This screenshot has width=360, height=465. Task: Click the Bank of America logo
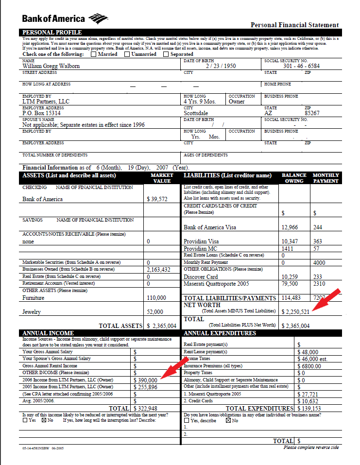pyautogui.click(x=64, y=19)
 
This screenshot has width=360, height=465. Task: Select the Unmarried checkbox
pyautogui.click(x=127, y=54)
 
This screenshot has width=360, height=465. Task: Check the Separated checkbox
pyautogui.click(x=166, y=54)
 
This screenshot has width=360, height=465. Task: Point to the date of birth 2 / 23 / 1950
pyautogui.click(x=221, y=66)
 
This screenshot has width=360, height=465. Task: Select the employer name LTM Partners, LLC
pyautogui.click(x=46, y=102)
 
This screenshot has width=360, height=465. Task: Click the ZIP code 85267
pyautogui.click(x=312, y=113)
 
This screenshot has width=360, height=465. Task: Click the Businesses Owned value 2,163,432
pyautogui.click(x=158, y=270)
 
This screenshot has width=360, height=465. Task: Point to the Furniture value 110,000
pyautogui.click(x=155, y=298)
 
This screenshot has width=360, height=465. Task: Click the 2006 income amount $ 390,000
pyautogui.click(x=145, y=380)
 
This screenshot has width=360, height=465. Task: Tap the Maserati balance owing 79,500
pyautogui.click(x=290, y=284)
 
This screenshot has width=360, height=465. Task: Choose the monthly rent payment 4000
pyautogui.click(x=320, y=263)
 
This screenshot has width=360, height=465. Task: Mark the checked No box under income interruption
pyautogui.click(x=44, y=420)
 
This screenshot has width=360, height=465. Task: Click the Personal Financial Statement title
pyautogui.click(x=294, y=25)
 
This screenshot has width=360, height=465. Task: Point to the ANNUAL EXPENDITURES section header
pyautogui.click(x=220, y=333)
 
